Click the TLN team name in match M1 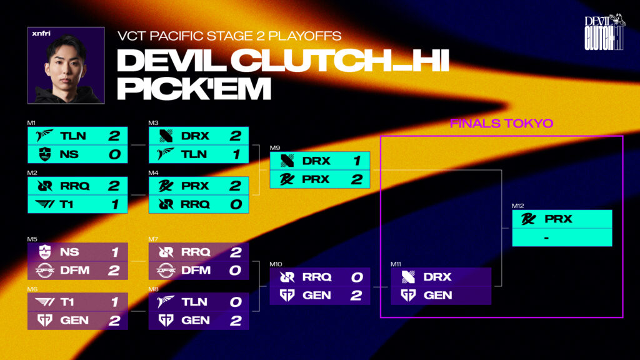click(73, 136)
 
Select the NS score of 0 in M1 click(115, 154)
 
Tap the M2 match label click(32, 172)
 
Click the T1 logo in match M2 click(44, 204)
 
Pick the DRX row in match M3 click(199, 136)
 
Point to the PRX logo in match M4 click(166, 186)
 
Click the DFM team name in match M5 click(75, 270)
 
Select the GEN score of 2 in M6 click(114, 321)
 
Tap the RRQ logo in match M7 click(166, 252)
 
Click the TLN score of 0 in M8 click(236, 302)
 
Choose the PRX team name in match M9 click(316, 179)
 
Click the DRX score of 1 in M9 click(357, 161)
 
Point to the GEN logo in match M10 click(287, 295)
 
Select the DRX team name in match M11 click(437, 277)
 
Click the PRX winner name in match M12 click(558, 219)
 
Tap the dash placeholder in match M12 click(546, 237)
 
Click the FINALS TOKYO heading click(501, 123)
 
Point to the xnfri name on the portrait click(41, 34)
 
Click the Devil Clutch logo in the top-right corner click(604, 32)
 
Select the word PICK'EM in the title click(194, 88)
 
